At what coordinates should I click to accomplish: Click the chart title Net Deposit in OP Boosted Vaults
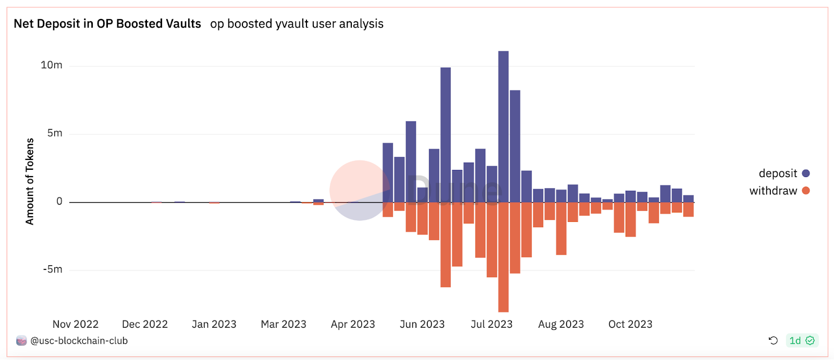107,24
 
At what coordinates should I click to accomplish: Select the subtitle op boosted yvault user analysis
297,24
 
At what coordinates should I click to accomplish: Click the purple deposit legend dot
806,173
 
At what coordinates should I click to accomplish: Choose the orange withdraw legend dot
806,191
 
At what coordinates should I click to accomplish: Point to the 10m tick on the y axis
52,65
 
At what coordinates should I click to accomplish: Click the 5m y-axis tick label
55,133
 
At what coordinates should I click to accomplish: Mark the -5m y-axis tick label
53,269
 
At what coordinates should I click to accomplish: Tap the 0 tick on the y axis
59,202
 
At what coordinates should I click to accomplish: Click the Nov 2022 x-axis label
76,324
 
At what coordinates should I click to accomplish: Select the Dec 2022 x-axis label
145,324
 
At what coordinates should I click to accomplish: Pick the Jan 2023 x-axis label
214,324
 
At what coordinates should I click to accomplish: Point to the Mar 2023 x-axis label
284,324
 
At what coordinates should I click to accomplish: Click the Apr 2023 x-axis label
353,324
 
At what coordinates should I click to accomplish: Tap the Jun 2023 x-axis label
422,324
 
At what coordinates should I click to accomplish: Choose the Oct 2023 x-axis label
630,324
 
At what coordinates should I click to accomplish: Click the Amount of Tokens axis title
30,181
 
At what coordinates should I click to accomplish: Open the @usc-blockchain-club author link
79,341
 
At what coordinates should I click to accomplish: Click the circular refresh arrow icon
773,340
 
